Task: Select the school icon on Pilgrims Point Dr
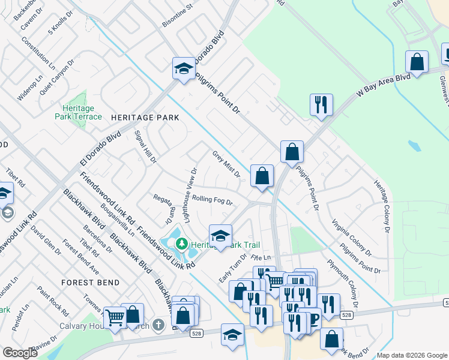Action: [183, 69]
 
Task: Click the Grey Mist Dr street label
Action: [226, 164]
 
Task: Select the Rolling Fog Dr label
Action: [212, 200]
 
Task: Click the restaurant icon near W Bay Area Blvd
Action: [321, 104]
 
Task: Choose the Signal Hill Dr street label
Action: [145, 147]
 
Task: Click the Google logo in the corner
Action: [20, 353]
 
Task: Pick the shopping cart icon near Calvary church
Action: [114, 318]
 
